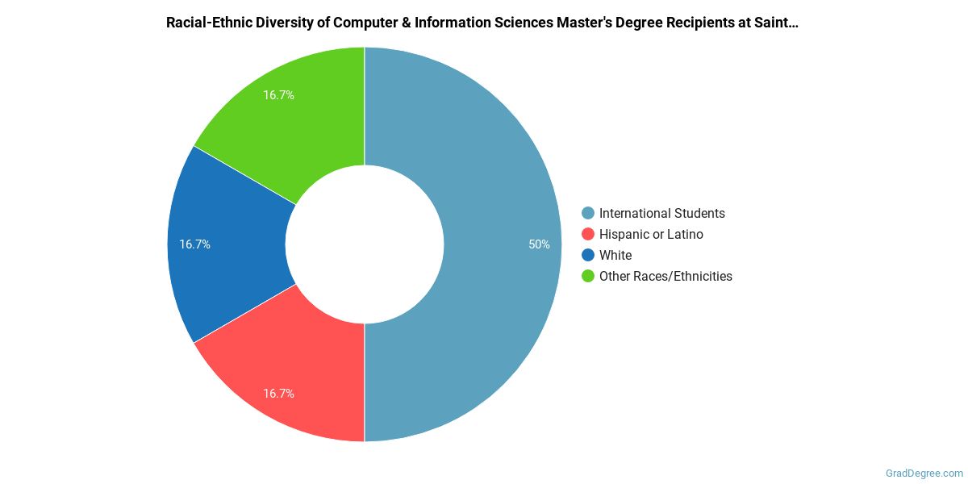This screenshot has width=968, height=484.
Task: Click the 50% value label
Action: [539, 244]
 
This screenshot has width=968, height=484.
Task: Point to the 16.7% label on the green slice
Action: [278, 95]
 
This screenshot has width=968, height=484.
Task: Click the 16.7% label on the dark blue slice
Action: [194, 244]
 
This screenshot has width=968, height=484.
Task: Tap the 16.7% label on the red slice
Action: [278, 394]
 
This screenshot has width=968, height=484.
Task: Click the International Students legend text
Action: [661, 214]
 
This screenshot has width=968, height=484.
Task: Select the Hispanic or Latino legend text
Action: [651, 235]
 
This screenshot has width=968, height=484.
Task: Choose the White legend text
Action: [615, 256]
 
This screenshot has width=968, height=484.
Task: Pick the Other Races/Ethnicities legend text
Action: [665, 277]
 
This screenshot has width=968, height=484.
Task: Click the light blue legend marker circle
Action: [588, 214]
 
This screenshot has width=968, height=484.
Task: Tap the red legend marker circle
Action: [588, 235]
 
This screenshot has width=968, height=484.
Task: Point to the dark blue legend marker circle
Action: [588, 256]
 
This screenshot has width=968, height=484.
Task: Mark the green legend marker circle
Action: [588, 277]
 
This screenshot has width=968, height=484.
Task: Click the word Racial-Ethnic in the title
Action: [206, 23]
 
